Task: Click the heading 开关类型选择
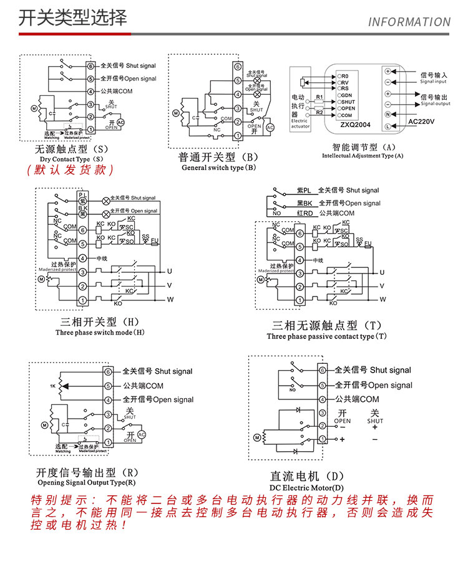72,17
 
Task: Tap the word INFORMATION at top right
409,22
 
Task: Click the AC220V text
421,121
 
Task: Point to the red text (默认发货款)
70,169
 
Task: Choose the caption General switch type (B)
219,168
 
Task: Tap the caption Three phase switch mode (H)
100,332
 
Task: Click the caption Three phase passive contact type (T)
327,336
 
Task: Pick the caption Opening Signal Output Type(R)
86,482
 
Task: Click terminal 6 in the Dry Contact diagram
90,65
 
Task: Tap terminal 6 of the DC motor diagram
323,370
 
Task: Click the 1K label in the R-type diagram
53,387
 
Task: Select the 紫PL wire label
303,191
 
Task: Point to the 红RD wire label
305,213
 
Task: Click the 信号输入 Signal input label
434,77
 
